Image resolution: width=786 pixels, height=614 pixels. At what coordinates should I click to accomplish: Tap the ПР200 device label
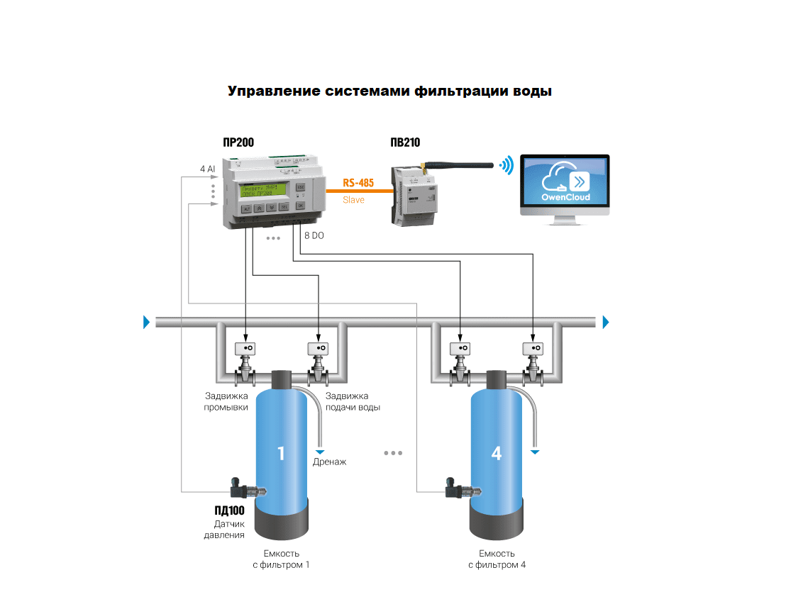tap(238, 143)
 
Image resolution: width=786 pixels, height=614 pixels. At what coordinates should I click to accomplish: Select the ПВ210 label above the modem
tap(404, 143)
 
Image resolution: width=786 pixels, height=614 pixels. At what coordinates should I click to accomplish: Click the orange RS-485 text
tap(358, 183)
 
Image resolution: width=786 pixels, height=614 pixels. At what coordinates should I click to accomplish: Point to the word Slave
tap(353, 200)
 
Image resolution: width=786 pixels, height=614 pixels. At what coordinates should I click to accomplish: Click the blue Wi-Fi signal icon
tap(506, 166)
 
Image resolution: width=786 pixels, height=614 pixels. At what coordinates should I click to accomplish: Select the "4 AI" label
tap(207, 169)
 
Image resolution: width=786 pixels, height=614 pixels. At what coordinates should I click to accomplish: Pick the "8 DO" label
tap(314, 235)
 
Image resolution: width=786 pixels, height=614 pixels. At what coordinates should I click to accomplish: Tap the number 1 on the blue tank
tap(281, 452)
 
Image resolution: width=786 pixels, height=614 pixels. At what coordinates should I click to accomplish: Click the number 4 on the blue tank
tap(497, 452)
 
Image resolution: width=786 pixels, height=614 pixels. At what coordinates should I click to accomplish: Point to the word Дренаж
tap(330, 462)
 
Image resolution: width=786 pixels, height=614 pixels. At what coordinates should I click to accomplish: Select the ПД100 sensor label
tap(229, 510)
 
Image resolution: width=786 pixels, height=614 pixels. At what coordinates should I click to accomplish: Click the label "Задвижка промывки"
tap(226, 402)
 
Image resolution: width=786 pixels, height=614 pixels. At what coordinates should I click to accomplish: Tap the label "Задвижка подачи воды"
tap(353, 402)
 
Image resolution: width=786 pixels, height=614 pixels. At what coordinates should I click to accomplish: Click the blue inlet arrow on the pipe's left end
tap(146, 323)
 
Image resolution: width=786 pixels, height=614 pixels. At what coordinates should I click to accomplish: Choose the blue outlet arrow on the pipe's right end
tap(606, 323)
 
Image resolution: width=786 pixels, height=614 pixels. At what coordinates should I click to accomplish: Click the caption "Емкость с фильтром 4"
tap(497, 559)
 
